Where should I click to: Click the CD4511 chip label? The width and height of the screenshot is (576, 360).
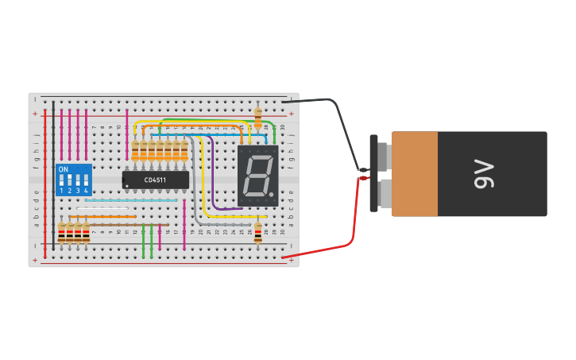click(156, 180)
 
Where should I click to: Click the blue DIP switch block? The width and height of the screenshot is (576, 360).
click(74, 180)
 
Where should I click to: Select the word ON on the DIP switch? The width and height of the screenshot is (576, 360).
click(64, 169)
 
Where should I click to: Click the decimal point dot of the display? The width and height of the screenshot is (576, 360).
click(272, 195)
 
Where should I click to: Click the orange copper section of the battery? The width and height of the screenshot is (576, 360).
click(414, 174)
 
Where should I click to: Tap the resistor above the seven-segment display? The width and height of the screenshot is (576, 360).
click(257, 118)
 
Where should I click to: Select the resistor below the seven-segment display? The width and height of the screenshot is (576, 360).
click(257, 232)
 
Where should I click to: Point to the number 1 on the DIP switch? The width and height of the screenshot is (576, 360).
click(61, 192)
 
